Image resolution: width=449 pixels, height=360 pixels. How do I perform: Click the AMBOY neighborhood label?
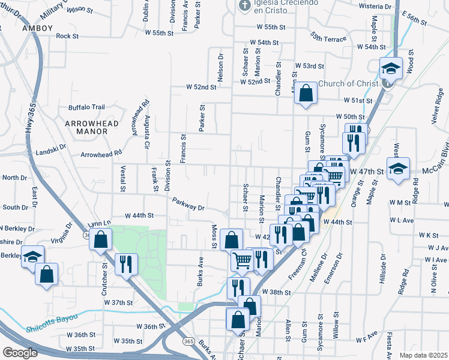coord(37,28)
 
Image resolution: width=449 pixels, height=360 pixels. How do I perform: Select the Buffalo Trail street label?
coord(87,107)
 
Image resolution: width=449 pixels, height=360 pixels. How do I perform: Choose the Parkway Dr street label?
coord(188,204)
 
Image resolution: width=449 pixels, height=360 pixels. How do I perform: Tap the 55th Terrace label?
coord(328,40)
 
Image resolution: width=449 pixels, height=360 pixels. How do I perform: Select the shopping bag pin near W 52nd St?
coord(306,94)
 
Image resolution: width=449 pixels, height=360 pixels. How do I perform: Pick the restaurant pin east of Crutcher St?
coord(126,263)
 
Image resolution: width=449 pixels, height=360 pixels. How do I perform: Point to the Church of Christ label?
coord(349,83)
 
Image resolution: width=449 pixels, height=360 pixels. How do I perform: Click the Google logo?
coord(20,352)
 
